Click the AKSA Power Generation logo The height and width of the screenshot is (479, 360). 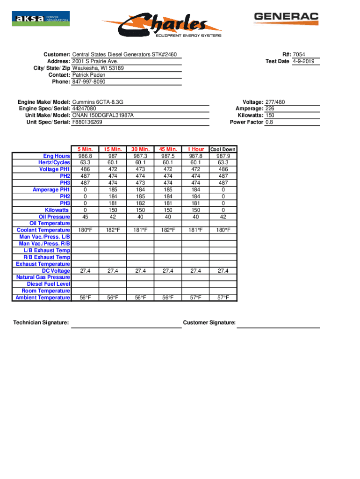click(41, 19)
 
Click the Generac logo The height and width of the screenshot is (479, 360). click(286, 18)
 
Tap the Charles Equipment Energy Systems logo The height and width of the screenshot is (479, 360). click(162, 25)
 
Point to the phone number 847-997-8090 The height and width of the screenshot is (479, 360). click(89, 81)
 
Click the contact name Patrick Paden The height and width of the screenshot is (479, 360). click(89, 75)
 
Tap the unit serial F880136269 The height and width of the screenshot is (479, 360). click(87, 122)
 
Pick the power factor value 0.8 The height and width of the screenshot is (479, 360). click(269, 122)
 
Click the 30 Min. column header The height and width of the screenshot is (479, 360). click(140, 149)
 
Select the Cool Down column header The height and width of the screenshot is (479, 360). click(223, 150)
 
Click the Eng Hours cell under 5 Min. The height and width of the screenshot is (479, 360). click(85, 156)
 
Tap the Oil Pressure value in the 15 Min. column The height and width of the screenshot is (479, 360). click(113, 217)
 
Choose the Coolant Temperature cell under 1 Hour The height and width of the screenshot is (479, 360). click(195, 230)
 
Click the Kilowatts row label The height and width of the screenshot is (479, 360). click(57, 210)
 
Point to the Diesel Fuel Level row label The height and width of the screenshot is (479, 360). click(49, 284)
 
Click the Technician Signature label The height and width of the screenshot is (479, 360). click(41, 322)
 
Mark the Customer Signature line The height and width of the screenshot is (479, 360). click(278, 327)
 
